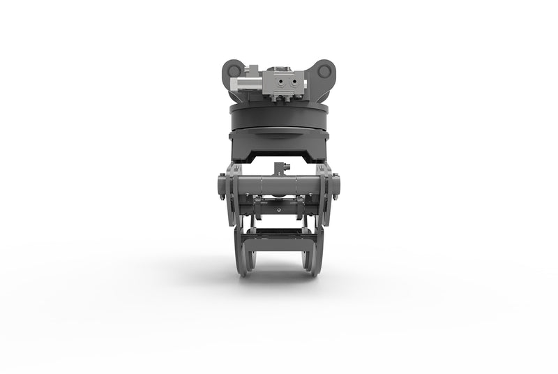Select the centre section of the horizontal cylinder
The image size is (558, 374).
click(279, 186)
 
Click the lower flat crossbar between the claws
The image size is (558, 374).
click(279, 241)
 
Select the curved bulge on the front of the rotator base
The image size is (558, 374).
click(279, 135)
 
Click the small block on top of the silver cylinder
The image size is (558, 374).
click(252, 72)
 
